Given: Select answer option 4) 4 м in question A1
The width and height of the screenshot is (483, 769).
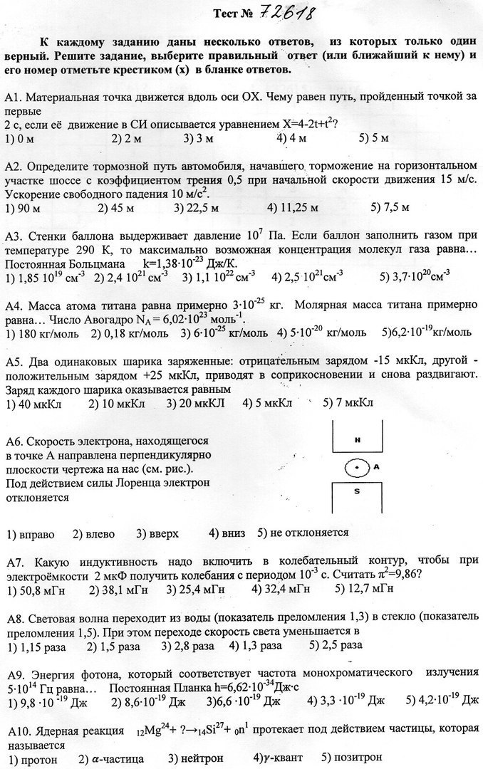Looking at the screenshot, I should tap(293, 137).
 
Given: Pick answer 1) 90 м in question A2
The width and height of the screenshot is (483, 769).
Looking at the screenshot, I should tap(21, 208).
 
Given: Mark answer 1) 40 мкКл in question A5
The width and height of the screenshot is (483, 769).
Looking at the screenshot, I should tap(33, 403).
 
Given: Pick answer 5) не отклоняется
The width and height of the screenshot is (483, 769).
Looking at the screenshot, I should tap(303, 533).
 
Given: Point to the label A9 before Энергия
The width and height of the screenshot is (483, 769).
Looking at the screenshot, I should tap(15, 674).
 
